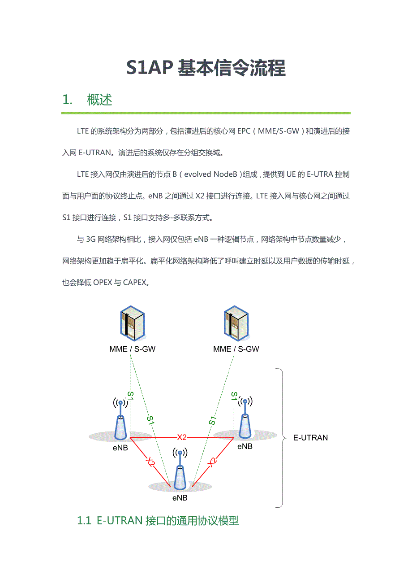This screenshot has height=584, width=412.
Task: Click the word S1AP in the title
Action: point(150,68)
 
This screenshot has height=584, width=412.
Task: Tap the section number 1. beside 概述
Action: point(67,100)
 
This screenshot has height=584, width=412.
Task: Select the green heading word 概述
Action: point(99,100)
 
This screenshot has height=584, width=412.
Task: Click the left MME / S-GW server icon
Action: point(132,323)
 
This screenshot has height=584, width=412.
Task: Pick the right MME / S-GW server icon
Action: point(236,323)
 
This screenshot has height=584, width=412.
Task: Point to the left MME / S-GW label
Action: point(132,349)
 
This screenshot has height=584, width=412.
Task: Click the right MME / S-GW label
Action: point(236,349)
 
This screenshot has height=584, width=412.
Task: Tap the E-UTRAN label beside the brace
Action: point(310,437)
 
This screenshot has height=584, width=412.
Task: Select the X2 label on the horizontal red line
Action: point(182,437)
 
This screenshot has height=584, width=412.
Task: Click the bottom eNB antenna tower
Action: point(180,469)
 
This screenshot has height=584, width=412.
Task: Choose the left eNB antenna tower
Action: point(120,418)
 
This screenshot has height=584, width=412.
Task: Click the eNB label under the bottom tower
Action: point(180,498)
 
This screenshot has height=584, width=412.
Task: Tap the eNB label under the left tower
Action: point(120,448)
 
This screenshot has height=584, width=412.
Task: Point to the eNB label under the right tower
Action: point(245,446)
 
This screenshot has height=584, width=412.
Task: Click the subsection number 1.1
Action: point(84,521)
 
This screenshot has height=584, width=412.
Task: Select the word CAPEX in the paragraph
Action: point(134,282)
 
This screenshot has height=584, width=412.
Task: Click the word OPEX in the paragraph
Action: point(103,282)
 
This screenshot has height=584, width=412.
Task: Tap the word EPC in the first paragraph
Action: point(244,131)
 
